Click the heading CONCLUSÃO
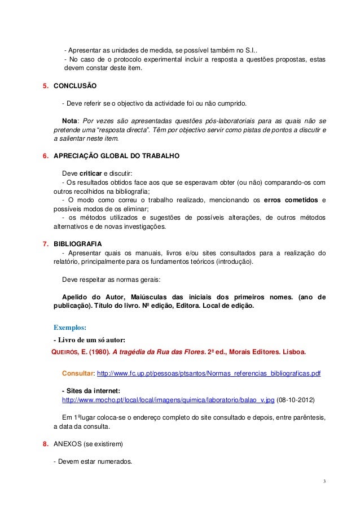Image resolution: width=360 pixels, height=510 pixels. [x=75, y=86]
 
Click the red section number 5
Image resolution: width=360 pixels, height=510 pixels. [x=46, y=86]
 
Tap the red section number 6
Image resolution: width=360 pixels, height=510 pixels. [x=46, y=155]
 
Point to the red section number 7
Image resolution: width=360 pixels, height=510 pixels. [x=46, y=243]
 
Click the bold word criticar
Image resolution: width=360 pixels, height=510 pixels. [x=90, y=173]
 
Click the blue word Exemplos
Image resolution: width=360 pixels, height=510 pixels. [x=69, y=326]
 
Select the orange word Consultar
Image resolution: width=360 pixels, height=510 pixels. [x=77, y=374]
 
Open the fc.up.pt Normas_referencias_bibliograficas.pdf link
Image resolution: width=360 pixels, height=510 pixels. [x=209, y=374]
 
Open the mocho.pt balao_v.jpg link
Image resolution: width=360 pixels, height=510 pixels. [x=168, y=399]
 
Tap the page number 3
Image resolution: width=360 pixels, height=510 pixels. [x=324, y=481]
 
